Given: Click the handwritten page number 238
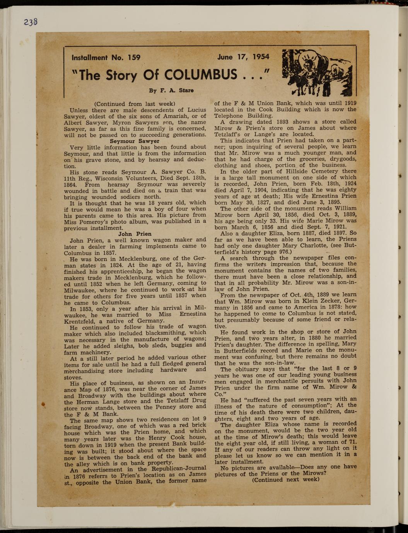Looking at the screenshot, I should (x=31, y=22).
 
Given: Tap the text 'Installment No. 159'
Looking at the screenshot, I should (x=106, y=58).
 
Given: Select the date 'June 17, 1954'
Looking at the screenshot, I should (x=243, y=57).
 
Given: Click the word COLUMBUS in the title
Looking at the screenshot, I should (x=201, y=74).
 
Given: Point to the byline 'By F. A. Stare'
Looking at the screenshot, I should (x=171, y=90).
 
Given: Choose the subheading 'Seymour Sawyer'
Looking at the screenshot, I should (x=135, y=141).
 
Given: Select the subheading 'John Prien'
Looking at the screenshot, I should (x=135, y=234).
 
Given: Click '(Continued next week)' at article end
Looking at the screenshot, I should (x=285, y=479).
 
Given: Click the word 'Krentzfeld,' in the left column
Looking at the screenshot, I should (x=80, y=321).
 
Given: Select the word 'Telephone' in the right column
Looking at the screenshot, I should (x=232, y=115).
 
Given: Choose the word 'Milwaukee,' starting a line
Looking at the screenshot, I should (x=80, y=290).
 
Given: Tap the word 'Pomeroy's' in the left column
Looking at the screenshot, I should (x=94, y=222).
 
